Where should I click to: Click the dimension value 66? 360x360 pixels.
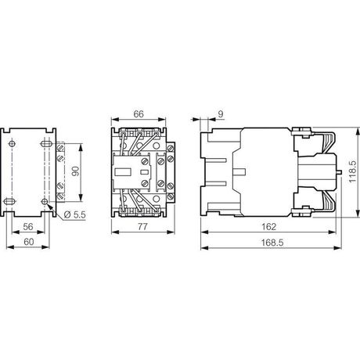(x=139, y=114)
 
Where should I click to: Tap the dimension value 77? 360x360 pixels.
(x=142, y=226)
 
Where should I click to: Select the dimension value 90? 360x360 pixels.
(x=75, y=171)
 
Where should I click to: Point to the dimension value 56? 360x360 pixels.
(x=28, y=226)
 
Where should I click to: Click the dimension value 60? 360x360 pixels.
(x=29, y=242)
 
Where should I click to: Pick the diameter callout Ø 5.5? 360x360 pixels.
(x=74, y=214)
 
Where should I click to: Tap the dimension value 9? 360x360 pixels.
(x=221, y=114)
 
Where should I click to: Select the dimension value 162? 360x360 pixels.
(x=268, y=226)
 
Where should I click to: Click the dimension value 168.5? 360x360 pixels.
(x=272, y=243)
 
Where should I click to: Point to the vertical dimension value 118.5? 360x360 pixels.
(x=352, y=171)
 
